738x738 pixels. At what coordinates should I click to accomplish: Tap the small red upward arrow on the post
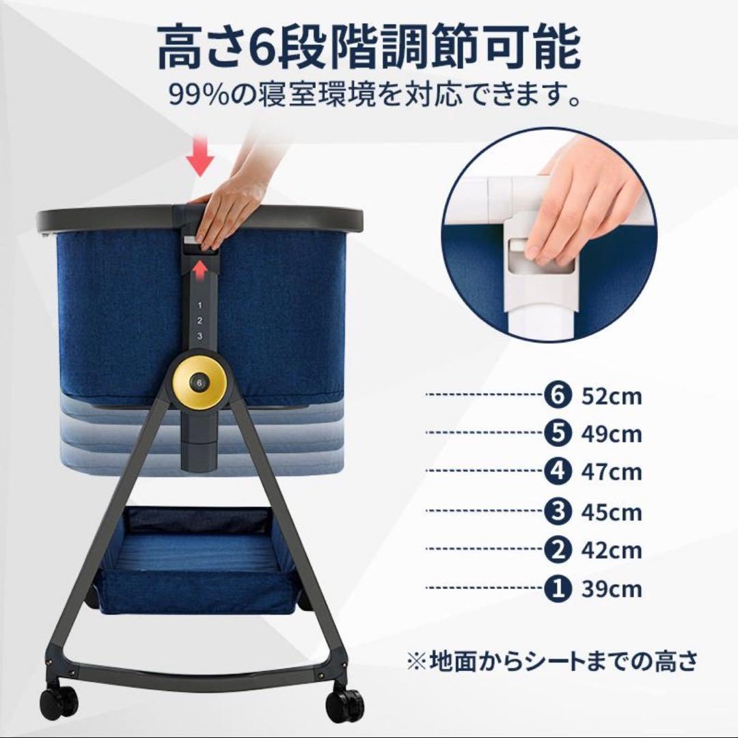tap(200, 271)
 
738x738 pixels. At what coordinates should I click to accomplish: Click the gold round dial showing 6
tap(200, 382)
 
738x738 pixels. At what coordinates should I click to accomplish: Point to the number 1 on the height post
tap(200, 305)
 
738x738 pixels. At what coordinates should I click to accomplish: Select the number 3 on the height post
tap(200, 336)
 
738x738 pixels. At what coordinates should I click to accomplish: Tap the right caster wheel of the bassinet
tap(346, 704)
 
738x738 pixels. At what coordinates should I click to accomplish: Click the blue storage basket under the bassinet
tap(198, 567)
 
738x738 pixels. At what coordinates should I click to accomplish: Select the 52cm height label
tap(612, 396)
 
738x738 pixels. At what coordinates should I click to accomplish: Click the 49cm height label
tap(612, 434)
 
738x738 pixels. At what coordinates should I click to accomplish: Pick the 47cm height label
tap(612, 472)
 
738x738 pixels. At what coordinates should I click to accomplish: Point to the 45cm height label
tap(612, 511)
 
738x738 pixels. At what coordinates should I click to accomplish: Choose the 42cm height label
tap(612, 549)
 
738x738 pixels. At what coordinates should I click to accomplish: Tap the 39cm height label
tap(612, 588)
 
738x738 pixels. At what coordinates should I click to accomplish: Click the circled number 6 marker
tap(558, 395)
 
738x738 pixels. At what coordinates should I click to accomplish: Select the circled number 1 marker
tap(558, 588)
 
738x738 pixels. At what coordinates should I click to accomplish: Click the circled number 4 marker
tap(558, 472)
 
